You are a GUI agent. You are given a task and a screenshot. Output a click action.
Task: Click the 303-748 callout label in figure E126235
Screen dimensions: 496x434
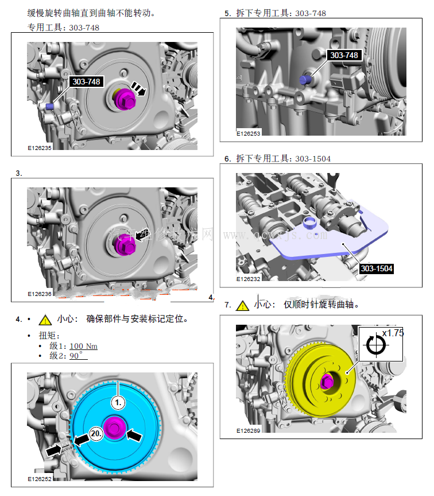pyautogui.click(x=86, y=82)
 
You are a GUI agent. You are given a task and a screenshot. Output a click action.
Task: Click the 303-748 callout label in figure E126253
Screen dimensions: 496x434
pyautogui.click(x=343, y=55)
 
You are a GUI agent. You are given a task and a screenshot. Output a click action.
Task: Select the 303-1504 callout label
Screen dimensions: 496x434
pyautogui.click(x=376, y=268)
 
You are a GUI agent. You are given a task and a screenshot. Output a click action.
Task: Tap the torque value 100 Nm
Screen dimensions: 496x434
pyautogui.click(x=83, y=346)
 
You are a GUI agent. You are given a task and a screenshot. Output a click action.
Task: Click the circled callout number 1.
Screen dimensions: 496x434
pyautogui.click(x=118, y=403)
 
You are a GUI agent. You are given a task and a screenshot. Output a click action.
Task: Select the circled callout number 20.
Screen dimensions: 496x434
pyautogui.click(x=96, y=435)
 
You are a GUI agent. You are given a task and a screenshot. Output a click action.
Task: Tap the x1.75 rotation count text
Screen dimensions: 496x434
pyautogui.click(x=393, y=333)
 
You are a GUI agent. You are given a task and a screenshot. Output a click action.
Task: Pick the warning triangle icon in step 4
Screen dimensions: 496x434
pyautogui.click(x=45, y=320)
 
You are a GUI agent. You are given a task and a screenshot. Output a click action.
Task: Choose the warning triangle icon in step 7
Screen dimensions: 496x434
pyautogui.click(x=242, y=305)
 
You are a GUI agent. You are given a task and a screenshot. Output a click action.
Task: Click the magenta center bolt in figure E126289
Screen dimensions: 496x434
pyautogui.click(x=327, y=380)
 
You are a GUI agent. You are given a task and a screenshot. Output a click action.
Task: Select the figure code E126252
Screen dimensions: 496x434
pyautogui.click(x=40, y=478)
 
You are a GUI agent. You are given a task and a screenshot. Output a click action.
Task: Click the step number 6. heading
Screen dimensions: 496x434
pyautogui.click(x=227, y=159)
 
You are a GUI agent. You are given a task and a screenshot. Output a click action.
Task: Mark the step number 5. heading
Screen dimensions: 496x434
pyautogui.click(x=227, y=13)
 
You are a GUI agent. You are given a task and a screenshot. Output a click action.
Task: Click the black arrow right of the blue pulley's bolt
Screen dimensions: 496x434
pyautogui.click(x=134, y=435)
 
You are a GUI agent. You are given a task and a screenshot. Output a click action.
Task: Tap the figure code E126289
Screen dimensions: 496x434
pyautogui.click(x=249, y=429)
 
